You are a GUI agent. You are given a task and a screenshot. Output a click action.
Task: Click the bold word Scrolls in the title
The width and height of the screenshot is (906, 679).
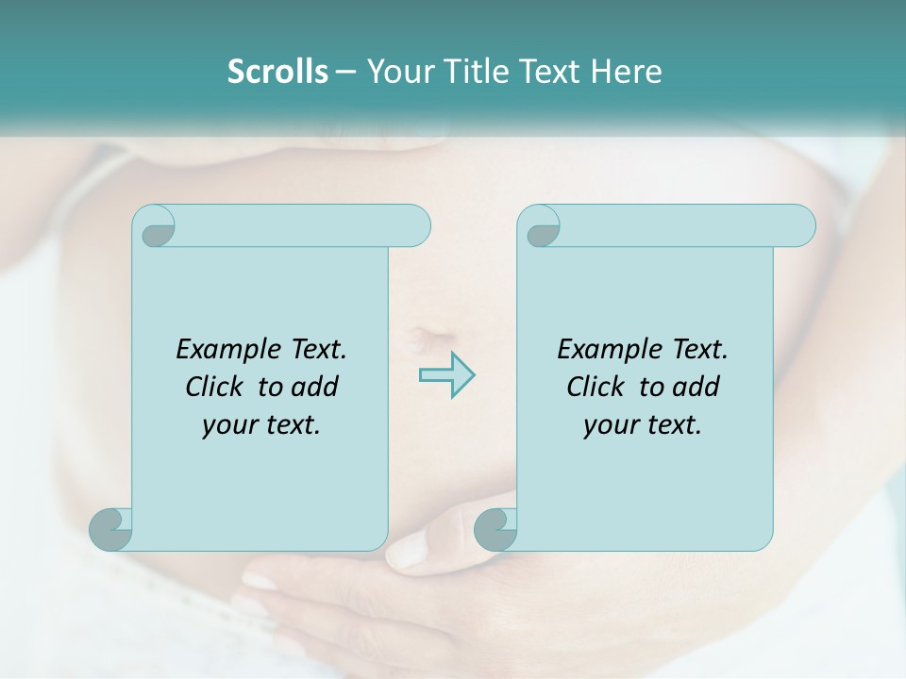tap(277, 72)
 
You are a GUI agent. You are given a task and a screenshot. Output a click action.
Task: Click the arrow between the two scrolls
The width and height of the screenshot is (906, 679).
tap(446, 374)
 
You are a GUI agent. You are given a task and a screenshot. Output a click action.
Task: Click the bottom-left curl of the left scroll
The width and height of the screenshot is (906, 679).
tap(110, 529)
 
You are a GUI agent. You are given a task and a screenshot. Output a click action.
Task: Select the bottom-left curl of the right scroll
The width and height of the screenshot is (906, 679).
tap(495, 529)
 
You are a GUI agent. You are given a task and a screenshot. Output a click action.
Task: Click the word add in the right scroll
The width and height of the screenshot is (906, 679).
tap(696, 387)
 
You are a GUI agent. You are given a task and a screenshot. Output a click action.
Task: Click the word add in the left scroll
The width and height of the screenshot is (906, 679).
tap(315, 387)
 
